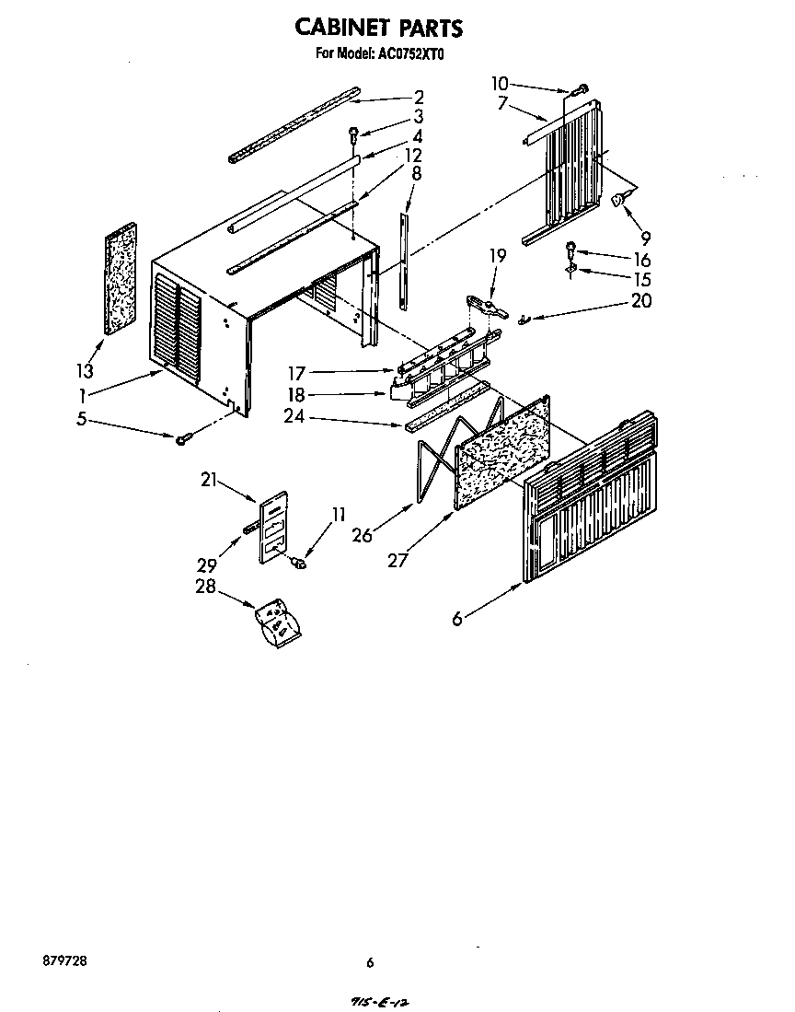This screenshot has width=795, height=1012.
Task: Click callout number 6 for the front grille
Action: click(x=457, y=620)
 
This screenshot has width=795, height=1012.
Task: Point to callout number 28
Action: click(x=205, y=587)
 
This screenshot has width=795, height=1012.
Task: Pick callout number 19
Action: click(x=497, y=258)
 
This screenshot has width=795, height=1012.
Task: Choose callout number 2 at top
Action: click(x=419, y=97)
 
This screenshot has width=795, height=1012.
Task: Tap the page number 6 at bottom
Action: click(x=370, y=963)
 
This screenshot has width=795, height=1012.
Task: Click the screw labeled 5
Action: click(x=183, y=439)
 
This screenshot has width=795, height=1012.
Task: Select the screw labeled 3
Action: click(x=353, y=135)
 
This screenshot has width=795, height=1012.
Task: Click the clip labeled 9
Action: click(x=621, y=198)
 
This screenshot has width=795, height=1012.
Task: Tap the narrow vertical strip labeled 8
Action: click(x=405, y=262)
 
